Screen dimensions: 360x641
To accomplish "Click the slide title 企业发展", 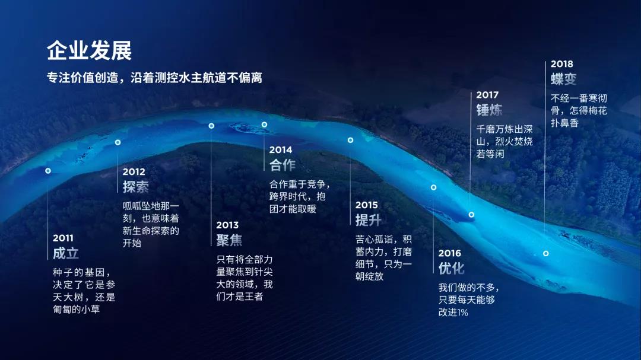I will click(x=89, y=51).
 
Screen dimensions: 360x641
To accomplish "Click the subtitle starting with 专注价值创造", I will click(x=154, y=78).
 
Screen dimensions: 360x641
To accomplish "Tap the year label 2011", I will click(x=63, y=238).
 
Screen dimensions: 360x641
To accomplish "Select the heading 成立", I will click(x=66, y=253).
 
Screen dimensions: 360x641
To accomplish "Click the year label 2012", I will click(x=134, y=171).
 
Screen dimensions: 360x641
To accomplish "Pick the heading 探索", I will click(x=136, y=187).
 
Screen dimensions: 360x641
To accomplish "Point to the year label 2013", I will click(x=227, y=225).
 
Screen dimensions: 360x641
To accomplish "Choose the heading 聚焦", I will click(x=230, y=240).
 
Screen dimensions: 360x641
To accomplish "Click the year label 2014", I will click(x=281, y=150).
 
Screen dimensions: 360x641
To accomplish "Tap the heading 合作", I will click(x=283, y=165).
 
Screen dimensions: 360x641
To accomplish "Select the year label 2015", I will click(x=367, y=205).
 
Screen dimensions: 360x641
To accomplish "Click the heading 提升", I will click(x=369, y=220).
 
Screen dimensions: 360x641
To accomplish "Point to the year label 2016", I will click(x=450, y=253).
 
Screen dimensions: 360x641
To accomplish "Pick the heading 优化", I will click(x=452, y=269).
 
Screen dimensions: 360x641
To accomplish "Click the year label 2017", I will click(x=487, y=95).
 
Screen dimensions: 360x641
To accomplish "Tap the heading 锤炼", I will click(x=490, y=110).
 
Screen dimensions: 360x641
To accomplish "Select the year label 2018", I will click(x=562, y=63).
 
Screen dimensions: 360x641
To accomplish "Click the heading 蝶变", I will click(x=564, y=79).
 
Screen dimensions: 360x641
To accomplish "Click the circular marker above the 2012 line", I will click(x=118, y=142).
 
